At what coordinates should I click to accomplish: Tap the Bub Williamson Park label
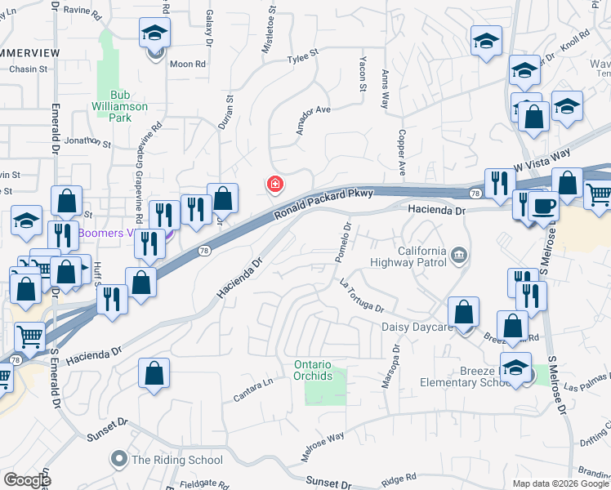120,106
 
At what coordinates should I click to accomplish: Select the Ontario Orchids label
313,370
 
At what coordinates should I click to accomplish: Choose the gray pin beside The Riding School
120,459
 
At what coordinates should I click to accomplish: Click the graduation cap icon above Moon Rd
154,34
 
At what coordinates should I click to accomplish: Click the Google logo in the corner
27,480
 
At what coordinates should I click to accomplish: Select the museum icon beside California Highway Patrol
459,256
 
